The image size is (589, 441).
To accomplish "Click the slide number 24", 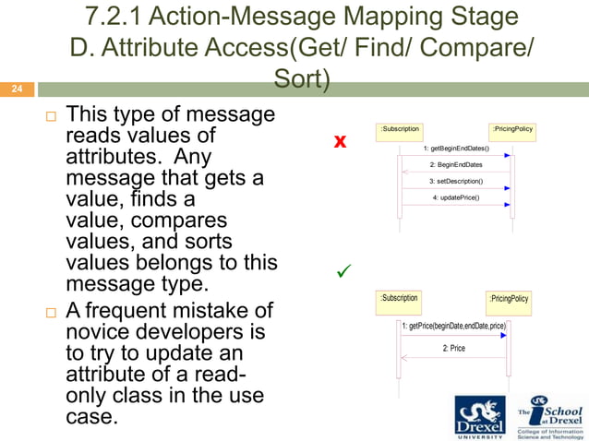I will [16, 90].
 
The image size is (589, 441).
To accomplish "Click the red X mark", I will [340, 141].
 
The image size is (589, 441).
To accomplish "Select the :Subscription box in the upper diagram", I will [400, 130].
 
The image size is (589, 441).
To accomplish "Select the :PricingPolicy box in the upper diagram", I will [512, 131].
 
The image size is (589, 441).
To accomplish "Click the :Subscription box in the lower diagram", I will [399, 299].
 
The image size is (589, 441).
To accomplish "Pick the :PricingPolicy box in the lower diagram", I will [509, 300].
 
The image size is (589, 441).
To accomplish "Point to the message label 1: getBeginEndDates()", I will [456, 148].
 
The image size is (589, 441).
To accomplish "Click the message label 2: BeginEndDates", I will [456, 164].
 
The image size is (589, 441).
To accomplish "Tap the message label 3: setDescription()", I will [456, 181].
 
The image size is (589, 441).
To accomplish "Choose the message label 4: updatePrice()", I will [456, 197].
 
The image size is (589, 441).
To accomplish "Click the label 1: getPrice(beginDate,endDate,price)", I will [454, 327].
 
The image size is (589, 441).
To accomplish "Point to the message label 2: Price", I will [453, 348].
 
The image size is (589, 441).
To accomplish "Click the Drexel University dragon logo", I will [480, 415].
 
